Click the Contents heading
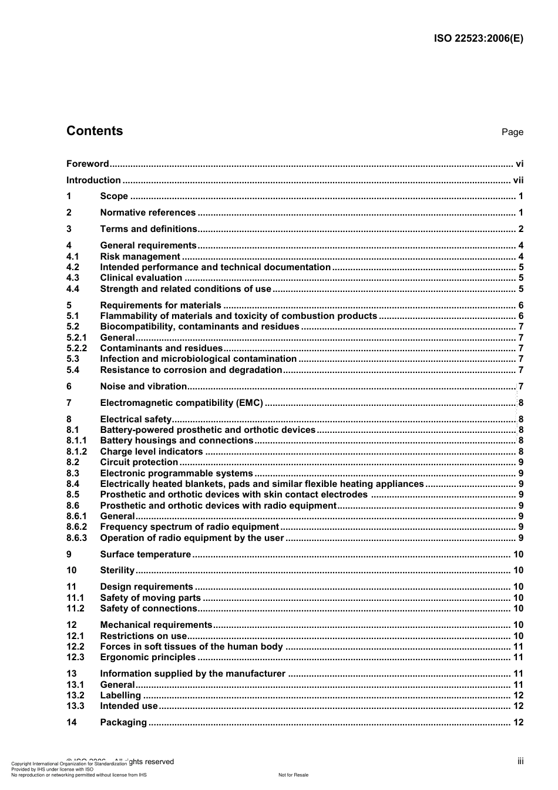pyautogui.click(x=95, y=131)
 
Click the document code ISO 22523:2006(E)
pyautogui.click(x=478, y=39)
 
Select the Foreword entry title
pyautogui.click(x=88, y=164)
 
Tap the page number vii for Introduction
pyautogui.click(x=518, y=180)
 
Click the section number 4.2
pyautogui.click(x=73, y=267)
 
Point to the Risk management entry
pyautogui.click(x=140, y=257)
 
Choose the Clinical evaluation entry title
pyautogui.click(x=141, y=278)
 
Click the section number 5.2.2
pyautogui.click(x=76, y=348)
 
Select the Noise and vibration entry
pyautogui.click(x=143, y=386)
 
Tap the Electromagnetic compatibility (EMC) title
pyautogui.click(x=181, y=403)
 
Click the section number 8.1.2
pyautogui.click(x=76, y=452)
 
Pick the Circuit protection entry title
pyautogui.click(x=139, y=462)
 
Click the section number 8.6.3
pyautogui.click(x=76, y=538)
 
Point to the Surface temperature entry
pyautogui.click(x=145, y=554)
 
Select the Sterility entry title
pyautogui.click(x=117, y=570)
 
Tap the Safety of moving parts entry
pyautogui.click(x=150, y=598)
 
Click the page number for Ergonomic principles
pyautogui.click(x=518, y=657)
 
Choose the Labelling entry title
pyautogui.click(x=120, y=695)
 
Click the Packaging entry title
pyautogui.click(x=123, y=722)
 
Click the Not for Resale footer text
pyautogui.click(x=293, y=775)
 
